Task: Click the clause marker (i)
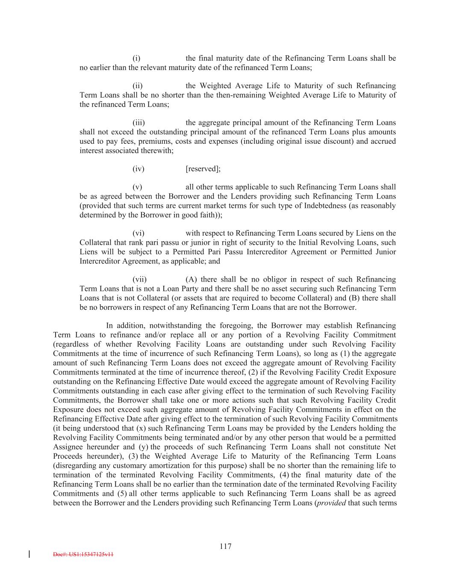click(x=136, y=58)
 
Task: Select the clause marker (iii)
click(x=138, y=123)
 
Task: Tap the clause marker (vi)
click(x=138, y=233)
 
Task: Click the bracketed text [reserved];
click(x=203, y=169)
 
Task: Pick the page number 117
click(x=225, y=546)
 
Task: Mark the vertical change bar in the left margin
click(x=29, y=554)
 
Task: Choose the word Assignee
click(x=68, y=447)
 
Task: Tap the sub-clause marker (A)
click(x=191, y=280)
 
